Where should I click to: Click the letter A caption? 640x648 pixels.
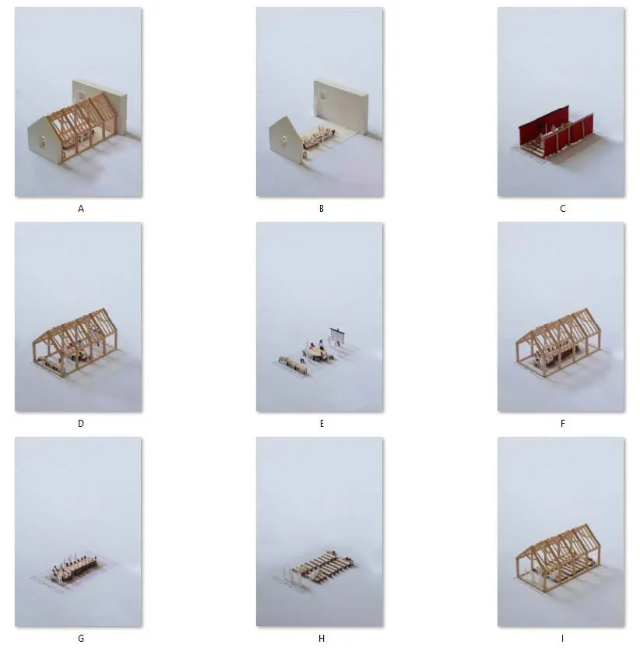[x=81, y=209]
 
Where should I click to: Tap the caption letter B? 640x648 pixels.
[x=322, y=209]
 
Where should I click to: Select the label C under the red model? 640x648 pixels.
[x=563, y=209]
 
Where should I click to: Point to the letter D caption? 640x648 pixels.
[x=81, y=424]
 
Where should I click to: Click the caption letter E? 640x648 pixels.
[x=322, y=424]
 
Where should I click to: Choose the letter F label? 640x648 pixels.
[x=563, y=424]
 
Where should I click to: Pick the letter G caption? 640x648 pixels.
[x=81, y=639]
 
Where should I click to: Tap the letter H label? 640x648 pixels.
[x=322, y=639]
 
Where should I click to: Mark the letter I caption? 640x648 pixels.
[x=562, y=639]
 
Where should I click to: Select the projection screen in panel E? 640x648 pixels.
[x=338, y=336]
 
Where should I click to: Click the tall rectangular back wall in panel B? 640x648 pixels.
[x=340, y=106]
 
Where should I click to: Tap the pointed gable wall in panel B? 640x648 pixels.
[x=287, y=140]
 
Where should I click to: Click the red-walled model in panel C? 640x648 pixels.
[x=556, y=131]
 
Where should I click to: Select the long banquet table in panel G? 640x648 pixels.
[x=75, y=569]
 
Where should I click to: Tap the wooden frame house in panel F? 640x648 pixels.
[x=557, y=342]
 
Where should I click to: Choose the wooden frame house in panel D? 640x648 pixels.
[x=75, y=342]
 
